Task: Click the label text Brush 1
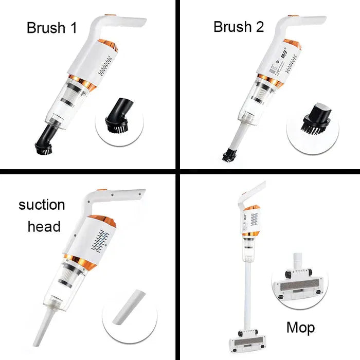pos(51,28)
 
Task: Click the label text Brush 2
pos(239,27)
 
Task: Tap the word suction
pos(42,205)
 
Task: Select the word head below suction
pos(44,226)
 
